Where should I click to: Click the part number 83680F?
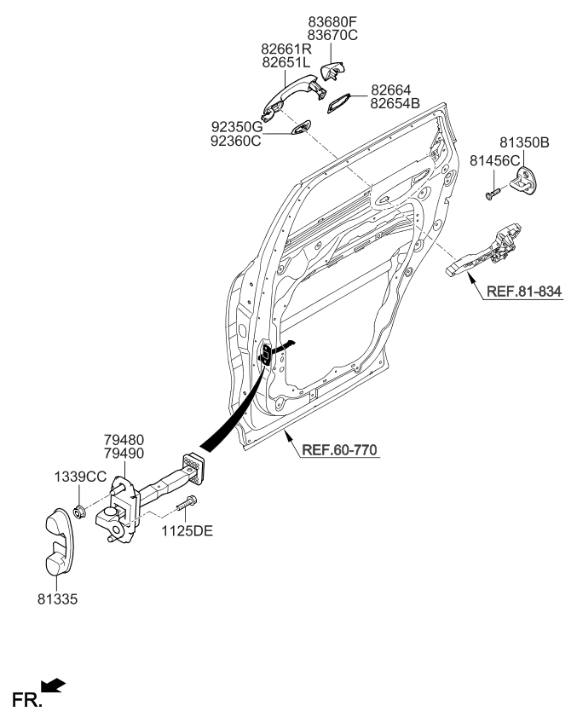(332, 20)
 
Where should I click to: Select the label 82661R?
(286, 49)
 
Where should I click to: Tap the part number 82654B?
(395, 103)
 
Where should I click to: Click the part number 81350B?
(524, 142)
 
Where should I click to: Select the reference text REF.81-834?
(523, 292)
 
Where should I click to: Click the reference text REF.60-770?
(338, 449)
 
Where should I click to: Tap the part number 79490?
(125, 455)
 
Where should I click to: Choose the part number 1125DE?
(188, 531)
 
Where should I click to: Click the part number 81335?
(56, 599)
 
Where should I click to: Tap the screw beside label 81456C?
(492, 194)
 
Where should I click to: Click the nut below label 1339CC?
(78, 512)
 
